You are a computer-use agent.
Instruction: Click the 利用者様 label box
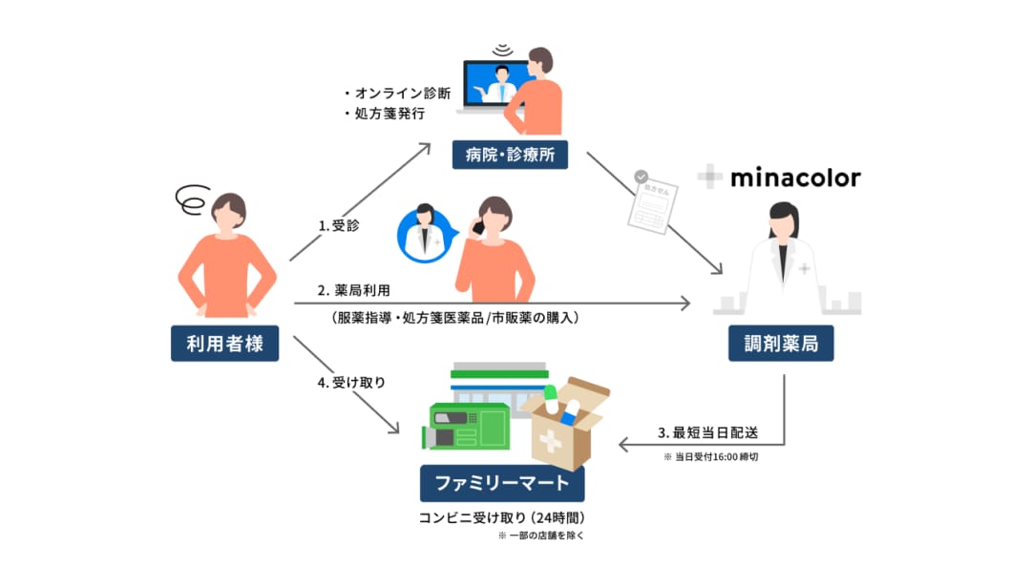225,344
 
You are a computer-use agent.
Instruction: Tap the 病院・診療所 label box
510,155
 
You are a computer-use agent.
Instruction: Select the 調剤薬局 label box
781,344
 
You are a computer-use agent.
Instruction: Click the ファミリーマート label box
502,483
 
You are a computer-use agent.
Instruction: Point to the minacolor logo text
795,178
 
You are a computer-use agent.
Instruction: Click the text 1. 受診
339,225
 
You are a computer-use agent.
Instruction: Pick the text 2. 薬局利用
354,290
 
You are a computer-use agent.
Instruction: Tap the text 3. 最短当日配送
708,432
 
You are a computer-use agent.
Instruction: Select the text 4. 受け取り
351,382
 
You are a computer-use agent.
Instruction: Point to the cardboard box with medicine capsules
565,424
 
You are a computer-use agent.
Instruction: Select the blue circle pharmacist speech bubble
426,236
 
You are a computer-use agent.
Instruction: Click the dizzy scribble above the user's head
193,199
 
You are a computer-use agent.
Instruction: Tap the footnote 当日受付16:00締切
711,456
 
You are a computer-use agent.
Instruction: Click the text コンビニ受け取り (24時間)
502,517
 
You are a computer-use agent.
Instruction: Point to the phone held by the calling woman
478,227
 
